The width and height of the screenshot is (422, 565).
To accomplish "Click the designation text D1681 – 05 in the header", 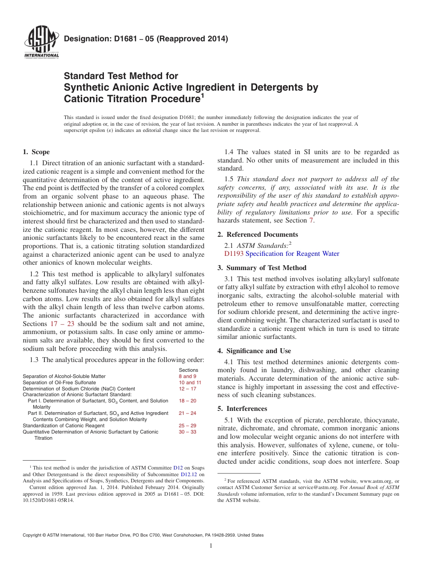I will point(146,39).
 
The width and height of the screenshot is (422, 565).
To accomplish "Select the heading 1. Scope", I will point(36,152).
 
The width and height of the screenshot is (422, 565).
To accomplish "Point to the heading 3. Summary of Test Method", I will point(262,268).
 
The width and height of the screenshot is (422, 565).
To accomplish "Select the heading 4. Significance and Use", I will point(254,351).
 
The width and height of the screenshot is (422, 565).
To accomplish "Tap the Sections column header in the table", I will point(188,370).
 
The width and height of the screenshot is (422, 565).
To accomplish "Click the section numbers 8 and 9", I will point(187,376).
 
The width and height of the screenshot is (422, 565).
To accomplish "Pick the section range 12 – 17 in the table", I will point(187,389).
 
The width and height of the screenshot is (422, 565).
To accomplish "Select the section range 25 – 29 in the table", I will point(187,426).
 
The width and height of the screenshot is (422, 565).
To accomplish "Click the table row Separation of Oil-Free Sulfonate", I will point(59,382).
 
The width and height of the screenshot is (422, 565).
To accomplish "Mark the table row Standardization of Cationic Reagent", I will point(64,426).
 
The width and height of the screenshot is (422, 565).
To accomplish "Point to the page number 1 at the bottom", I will point(211,546).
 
